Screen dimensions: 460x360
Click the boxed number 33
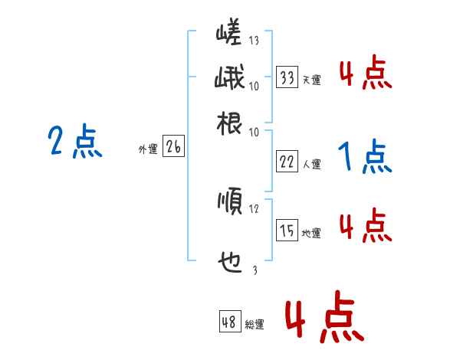(287, 77)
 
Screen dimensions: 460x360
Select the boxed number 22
(287, 162)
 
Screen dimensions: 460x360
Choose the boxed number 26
(173, 148)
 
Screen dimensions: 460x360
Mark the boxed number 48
(229, 322)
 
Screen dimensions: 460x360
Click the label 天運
(311, 80)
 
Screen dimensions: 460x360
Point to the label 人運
(311, 164)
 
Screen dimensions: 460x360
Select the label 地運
(311, 233)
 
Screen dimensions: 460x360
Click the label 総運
(255, 325)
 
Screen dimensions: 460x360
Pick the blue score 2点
(75, 142)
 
